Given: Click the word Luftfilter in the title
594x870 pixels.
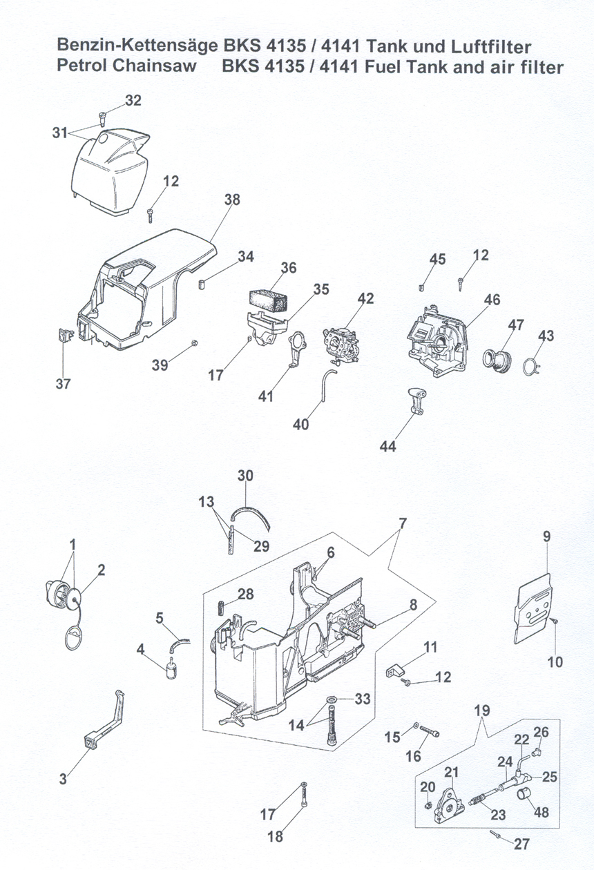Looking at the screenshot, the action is (490, 47).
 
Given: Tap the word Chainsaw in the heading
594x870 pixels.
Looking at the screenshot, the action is (155, 65).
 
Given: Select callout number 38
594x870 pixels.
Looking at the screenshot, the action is (232, 200).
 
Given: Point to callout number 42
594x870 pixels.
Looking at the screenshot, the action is (365, 298).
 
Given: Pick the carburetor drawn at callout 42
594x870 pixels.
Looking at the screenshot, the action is (341, 343).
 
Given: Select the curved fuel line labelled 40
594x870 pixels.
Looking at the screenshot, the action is (327, 386).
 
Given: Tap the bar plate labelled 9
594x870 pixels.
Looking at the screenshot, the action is (533, 608).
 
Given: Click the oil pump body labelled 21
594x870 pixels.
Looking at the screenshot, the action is (448, 805).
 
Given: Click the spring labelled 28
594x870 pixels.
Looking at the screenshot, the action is (220, 608).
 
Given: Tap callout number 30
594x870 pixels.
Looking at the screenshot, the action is (245, 475).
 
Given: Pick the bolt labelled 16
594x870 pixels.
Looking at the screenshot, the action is (429, 731).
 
